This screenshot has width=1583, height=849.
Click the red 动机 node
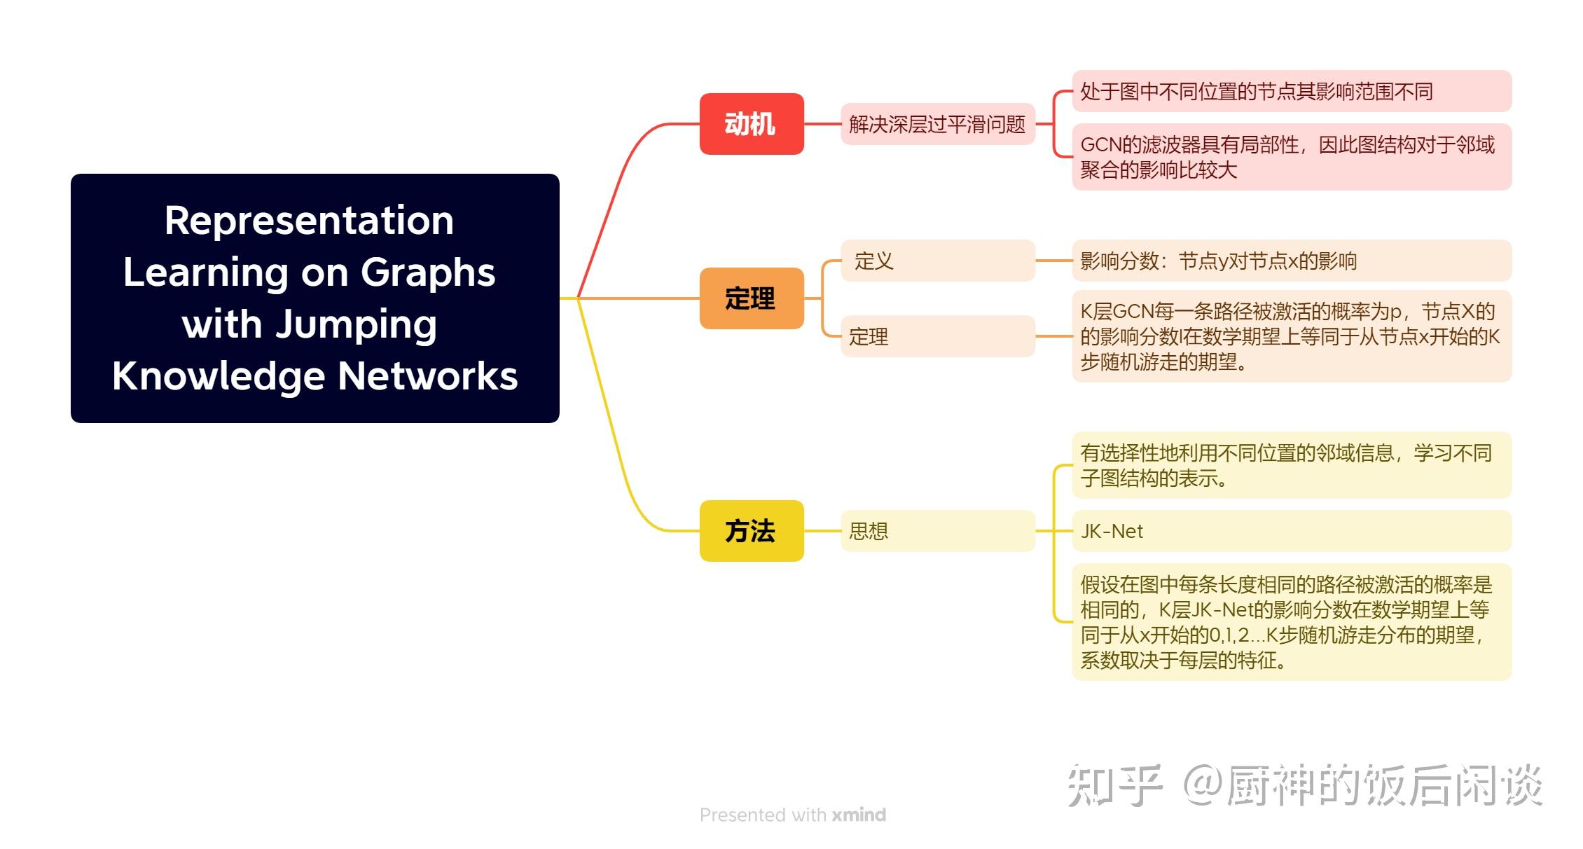[751, 124]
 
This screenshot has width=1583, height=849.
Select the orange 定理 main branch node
[751, 298]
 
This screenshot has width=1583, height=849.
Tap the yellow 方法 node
[751, 531]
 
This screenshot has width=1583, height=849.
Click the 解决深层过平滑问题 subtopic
[937, 124]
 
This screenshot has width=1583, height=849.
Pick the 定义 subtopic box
[937, 261]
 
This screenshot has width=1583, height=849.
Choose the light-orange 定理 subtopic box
[937, 336]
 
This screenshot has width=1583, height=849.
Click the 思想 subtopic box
[937, 531]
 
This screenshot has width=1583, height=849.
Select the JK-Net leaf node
[1291, 531]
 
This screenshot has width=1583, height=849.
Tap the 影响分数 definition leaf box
[1291, 261]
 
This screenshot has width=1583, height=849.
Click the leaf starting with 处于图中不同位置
[1291, 91]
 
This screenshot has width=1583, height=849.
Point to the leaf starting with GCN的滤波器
[1291, 157]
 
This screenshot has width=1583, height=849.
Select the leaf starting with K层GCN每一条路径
[1291, 336]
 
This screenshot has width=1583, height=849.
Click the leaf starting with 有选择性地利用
[1291, 465]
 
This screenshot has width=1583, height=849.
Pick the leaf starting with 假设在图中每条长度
[1291, 622]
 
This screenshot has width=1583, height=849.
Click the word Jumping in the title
[357, 324]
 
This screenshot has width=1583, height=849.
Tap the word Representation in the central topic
[309, 221]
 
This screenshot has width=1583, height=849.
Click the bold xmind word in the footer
[859, 815]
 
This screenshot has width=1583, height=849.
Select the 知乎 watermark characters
[1114, 785]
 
